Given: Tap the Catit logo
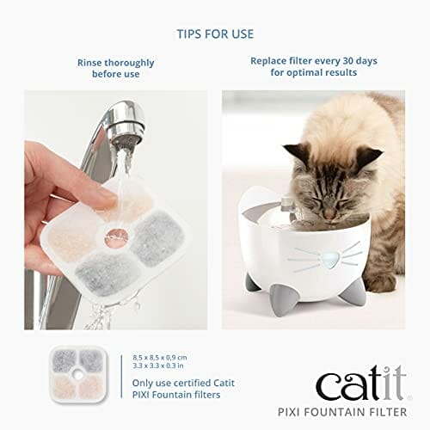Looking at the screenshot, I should pos(354,381).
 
